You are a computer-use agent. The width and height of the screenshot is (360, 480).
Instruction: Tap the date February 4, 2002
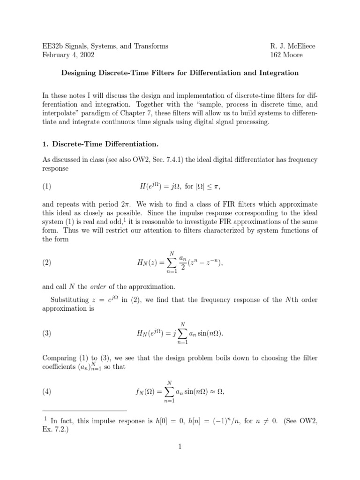coord(68,55)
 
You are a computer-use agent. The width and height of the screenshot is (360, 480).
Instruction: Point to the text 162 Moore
coord(286,55)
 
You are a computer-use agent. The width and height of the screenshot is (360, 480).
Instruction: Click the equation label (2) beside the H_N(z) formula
coord(47,263)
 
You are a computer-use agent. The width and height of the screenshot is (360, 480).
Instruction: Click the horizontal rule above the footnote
coord(84,411)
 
